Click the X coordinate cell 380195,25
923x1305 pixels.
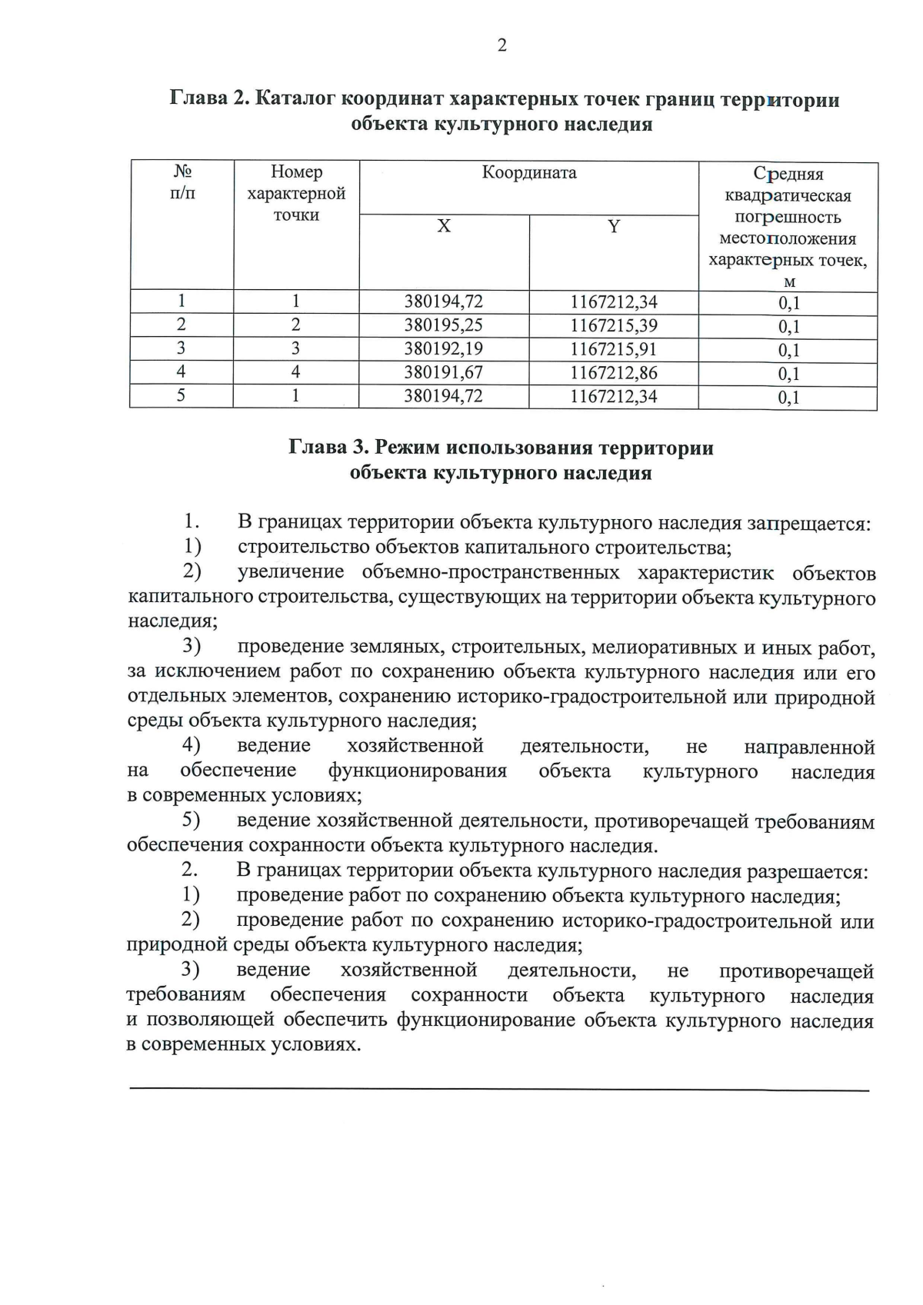pos(444,325)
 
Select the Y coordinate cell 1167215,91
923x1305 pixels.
pos(613,349)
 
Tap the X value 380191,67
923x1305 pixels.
pos(444,373)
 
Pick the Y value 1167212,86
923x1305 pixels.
pos(613,373)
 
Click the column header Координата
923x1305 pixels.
pos(529,173)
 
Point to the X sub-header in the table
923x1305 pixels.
pos(444,227)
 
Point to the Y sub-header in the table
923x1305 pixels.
pos(613,227)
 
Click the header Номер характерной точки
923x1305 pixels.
pos(296,194)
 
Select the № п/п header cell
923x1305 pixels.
pos(182,183)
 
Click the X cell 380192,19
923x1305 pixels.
pos(444,349)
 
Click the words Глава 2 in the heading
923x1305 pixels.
pos(206,100)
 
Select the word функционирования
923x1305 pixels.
pos(417,771)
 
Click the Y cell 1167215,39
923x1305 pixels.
pos(613,325)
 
